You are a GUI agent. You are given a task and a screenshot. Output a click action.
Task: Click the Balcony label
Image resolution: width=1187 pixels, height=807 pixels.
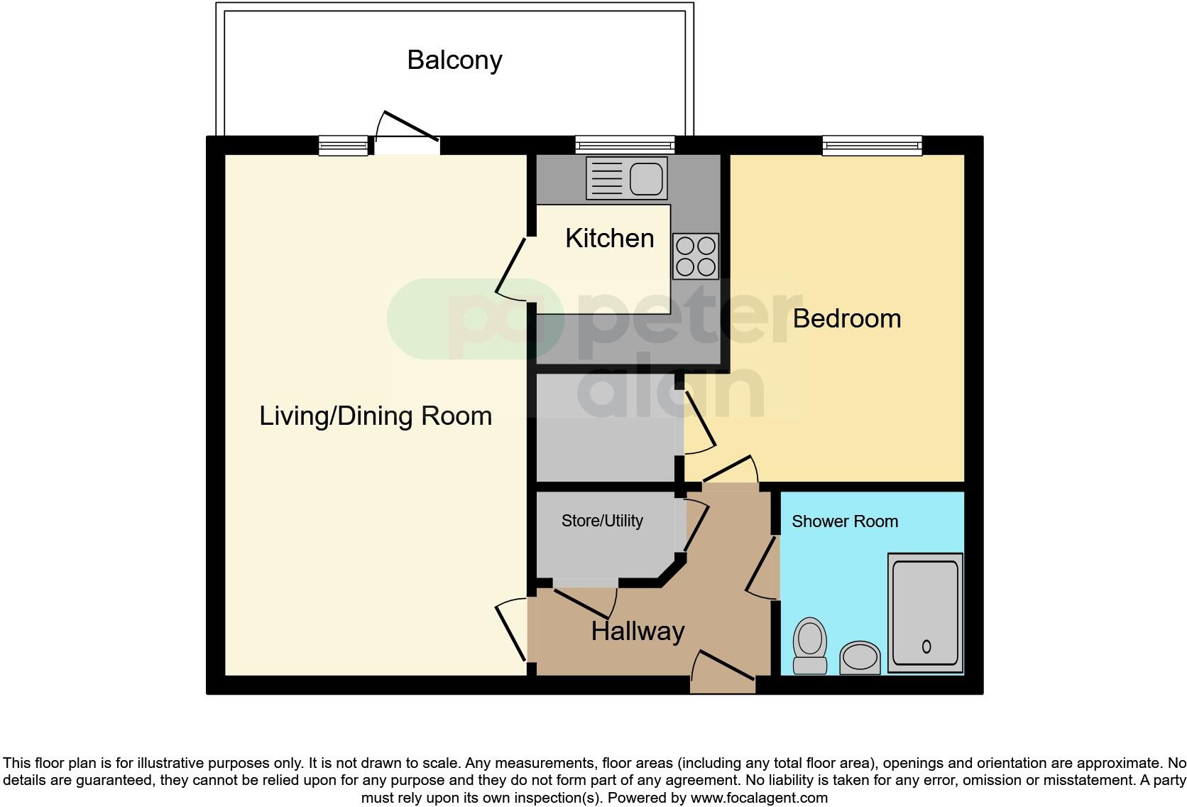(x=454, y=60)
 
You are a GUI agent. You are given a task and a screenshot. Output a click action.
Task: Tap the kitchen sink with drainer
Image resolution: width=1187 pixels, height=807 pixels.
(x=627, y=178)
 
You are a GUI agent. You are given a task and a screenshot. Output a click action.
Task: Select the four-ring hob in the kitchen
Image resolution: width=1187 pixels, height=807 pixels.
(x=696, y=256)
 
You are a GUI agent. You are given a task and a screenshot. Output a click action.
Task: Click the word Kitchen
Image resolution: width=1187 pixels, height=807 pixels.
(x=609, y=239)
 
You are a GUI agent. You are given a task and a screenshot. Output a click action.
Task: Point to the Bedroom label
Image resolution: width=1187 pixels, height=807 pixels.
(x=846, y=319)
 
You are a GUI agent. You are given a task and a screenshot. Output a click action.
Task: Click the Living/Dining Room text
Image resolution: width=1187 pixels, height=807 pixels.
(x=376, y=416)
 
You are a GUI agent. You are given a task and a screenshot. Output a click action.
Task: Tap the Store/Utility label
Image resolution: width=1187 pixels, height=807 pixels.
(x=602, y=521)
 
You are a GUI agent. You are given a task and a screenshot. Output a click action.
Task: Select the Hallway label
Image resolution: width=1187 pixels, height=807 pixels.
(x=638, y=632)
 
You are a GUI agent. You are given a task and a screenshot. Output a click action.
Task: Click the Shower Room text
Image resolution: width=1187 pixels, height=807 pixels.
(x=844, y=522)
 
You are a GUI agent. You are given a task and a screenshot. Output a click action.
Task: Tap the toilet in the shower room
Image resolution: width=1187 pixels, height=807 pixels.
(x=809, y=645)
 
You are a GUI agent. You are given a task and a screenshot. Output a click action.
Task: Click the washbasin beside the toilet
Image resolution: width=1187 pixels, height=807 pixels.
(x=860, y=657)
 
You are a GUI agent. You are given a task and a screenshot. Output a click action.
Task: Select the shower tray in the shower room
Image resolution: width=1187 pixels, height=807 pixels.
(x=925, y=613)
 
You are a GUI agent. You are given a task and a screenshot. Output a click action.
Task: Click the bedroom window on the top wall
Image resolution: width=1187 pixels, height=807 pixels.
(x=872, y=146)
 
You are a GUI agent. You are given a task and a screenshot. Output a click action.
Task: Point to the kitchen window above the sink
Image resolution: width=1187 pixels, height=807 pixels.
(x=624, y=146)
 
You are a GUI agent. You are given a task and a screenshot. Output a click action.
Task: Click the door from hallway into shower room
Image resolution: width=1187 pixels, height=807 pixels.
(x=762, y=568)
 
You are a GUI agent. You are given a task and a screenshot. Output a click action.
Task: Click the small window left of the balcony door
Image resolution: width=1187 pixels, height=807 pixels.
(x=344, y=146)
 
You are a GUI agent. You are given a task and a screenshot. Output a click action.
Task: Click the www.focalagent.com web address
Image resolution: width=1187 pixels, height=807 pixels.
(x=759, y=798)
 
